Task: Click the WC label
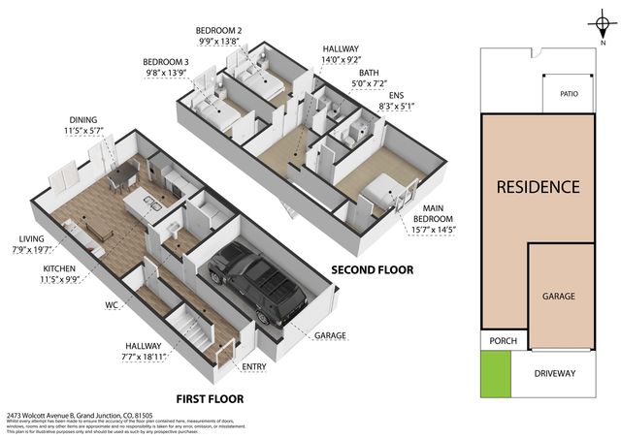113,303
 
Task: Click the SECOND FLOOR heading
373,268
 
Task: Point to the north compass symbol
603,25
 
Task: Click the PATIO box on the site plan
568,95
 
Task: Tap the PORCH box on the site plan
504,340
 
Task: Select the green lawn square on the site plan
495,373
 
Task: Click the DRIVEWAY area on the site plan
554,373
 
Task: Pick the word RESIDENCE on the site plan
538,186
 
